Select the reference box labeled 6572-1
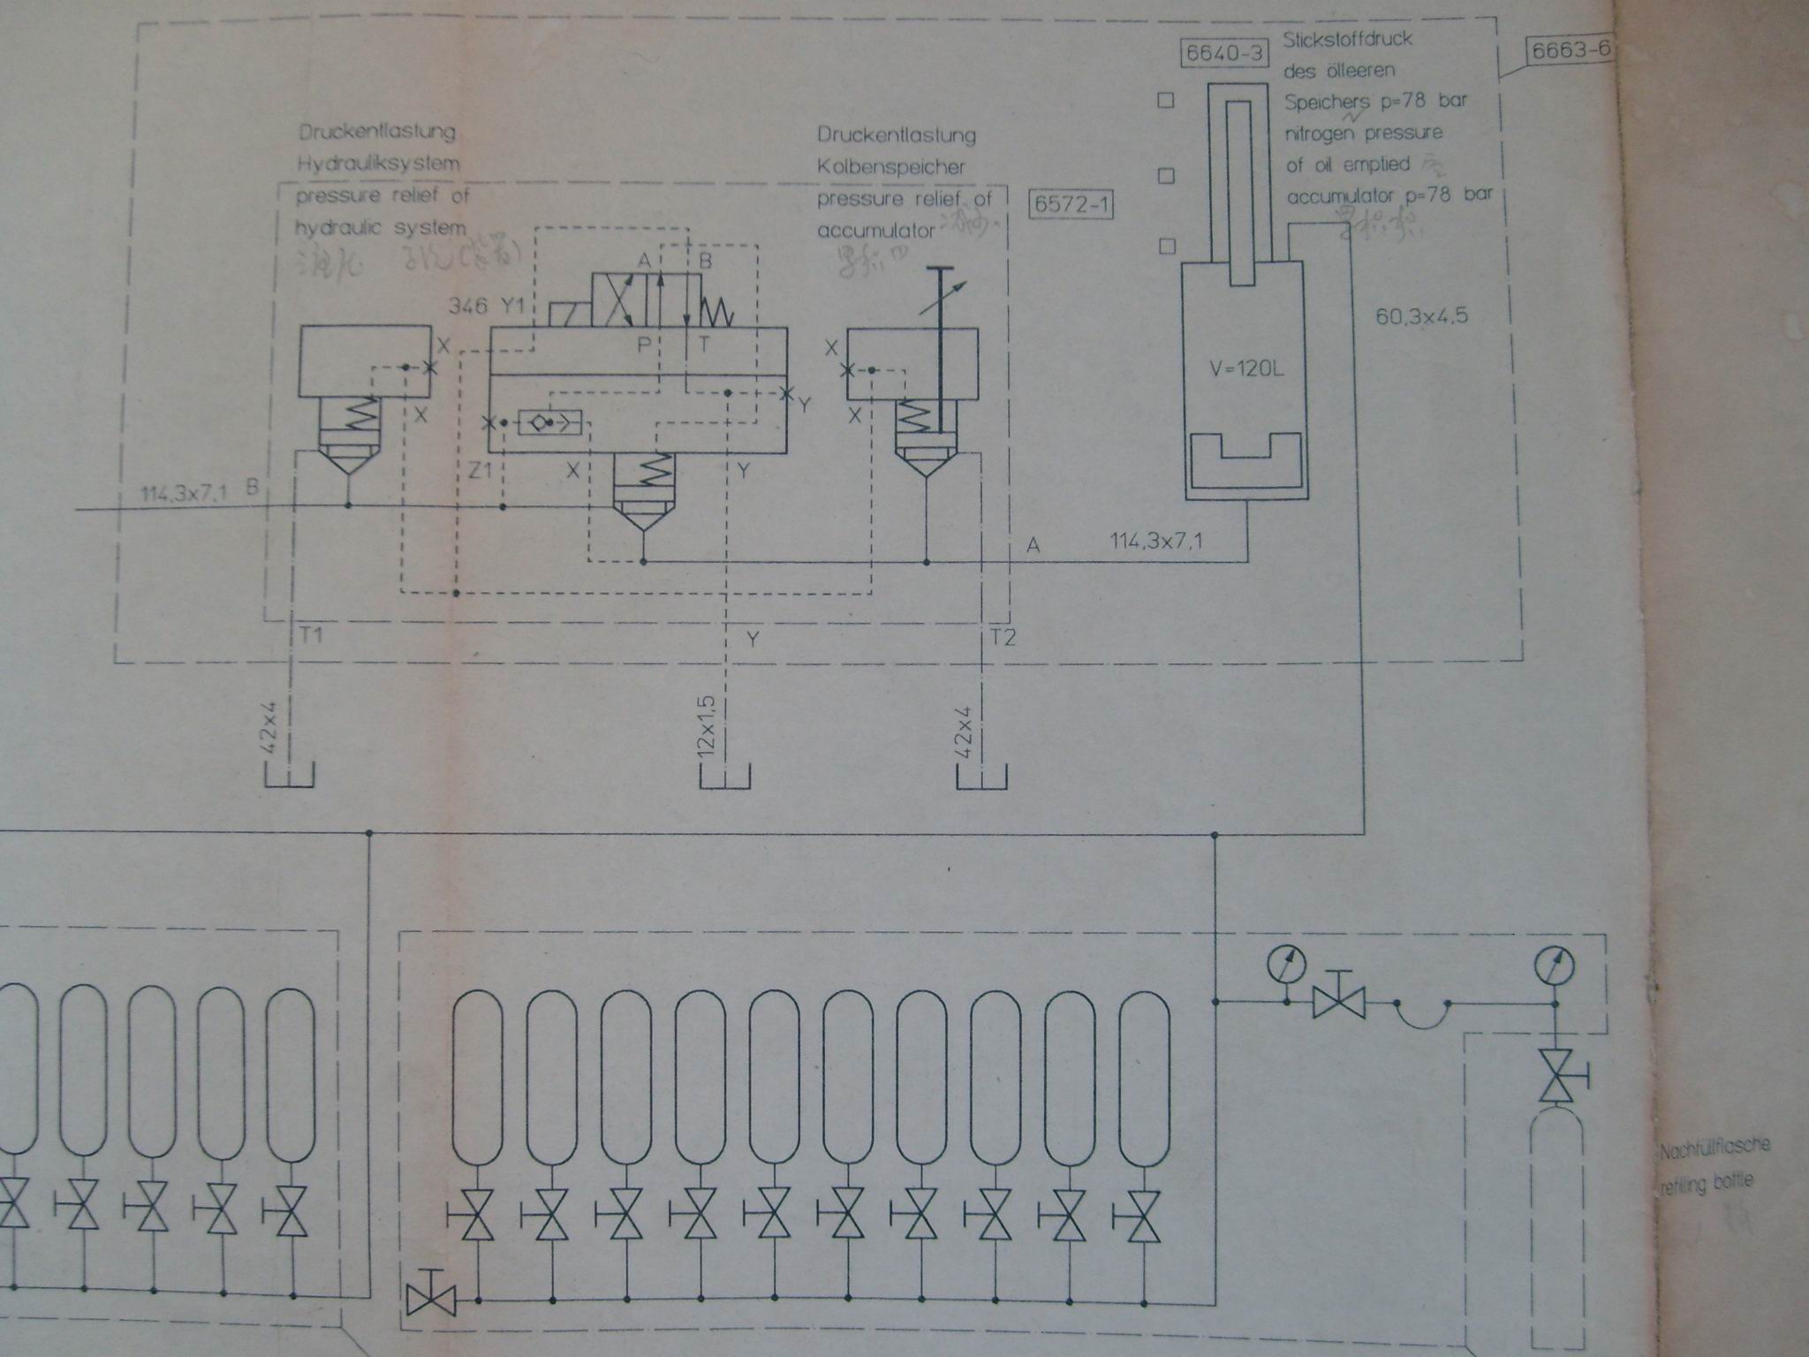coord(1071,205)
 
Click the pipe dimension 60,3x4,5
coord(1422,315)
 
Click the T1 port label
coord(311,634)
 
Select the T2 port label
coord(1003,636)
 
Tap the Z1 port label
coord(481,471)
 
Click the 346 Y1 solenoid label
coord(487,307)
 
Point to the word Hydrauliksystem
coord(378,163)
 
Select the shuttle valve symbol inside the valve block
coord(549,424)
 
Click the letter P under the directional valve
coord(645,345)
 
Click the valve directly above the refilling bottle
coord(1557,1075)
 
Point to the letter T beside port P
coord(704,345)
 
